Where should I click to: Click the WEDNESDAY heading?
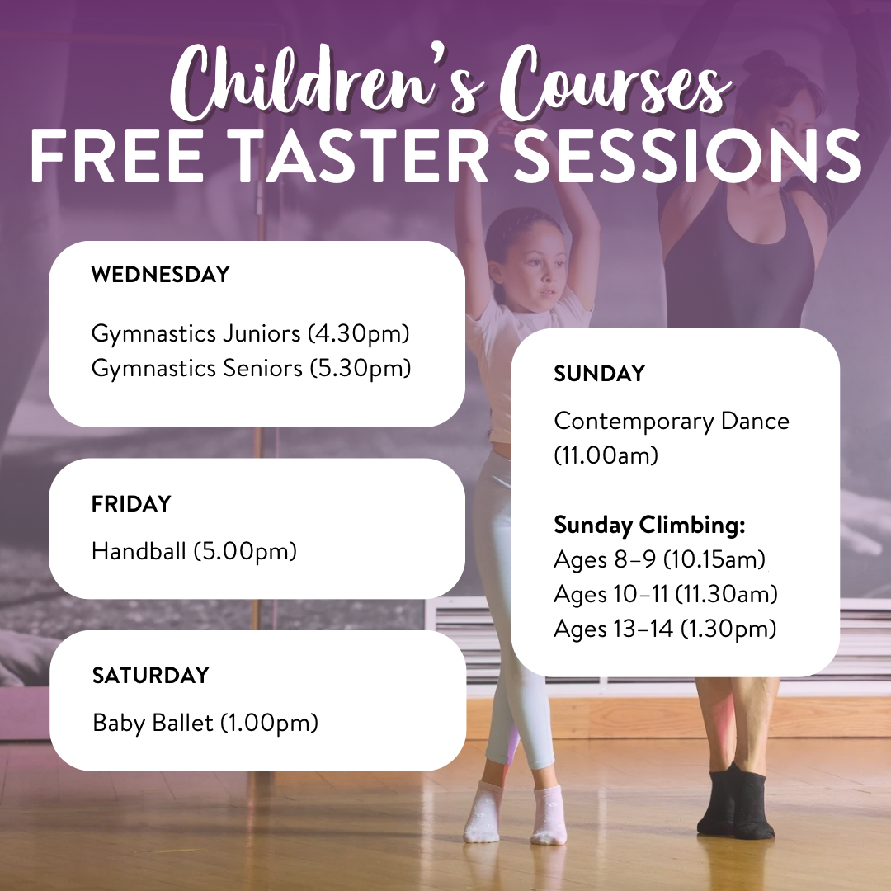(160, 275)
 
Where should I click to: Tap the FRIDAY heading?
(131, 503)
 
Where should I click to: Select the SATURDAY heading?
(150, 676)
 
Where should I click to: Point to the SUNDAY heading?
(599, 374)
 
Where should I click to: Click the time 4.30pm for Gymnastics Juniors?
(359, 334)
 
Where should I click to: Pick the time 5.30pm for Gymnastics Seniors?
(361, 368)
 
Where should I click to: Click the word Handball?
(139, 551)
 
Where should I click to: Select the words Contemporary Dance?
(672, 421)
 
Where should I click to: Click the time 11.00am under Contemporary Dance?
(606, 455)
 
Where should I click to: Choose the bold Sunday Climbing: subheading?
(649, 525)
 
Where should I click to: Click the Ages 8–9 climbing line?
(660, 559)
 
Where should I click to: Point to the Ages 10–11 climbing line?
(666, 594)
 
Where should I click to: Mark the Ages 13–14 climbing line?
(665, 629)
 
